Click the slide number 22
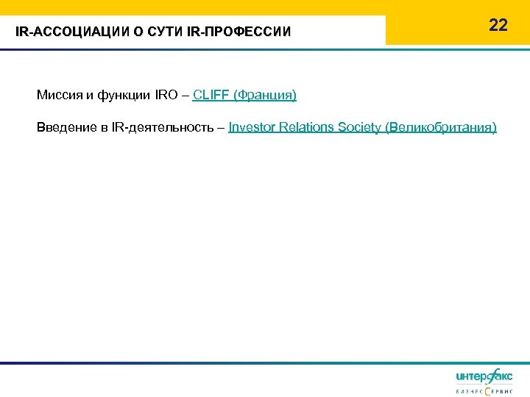(498, 25)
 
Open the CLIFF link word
(211, 95)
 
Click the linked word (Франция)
(264, 95)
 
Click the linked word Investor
(252, 127)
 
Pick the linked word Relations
(307, 127)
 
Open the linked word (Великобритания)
(441, 127)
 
